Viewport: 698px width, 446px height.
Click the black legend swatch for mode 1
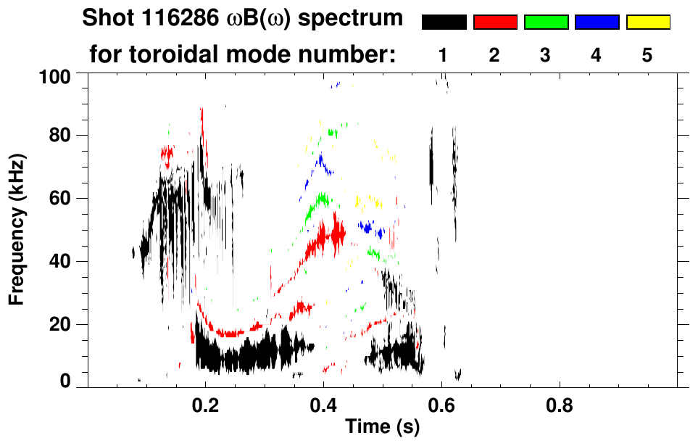click(444, 22)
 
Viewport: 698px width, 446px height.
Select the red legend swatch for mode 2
click(495, 22)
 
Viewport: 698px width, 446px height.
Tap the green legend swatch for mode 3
click(546, 22)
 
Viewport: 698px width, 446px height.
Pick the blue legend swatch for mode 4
click(597, 22)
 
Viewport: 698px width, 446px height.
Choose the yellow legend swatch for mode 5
click(647, 22)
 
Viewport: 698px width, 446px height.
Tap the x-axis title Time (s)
click(382, 427)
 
